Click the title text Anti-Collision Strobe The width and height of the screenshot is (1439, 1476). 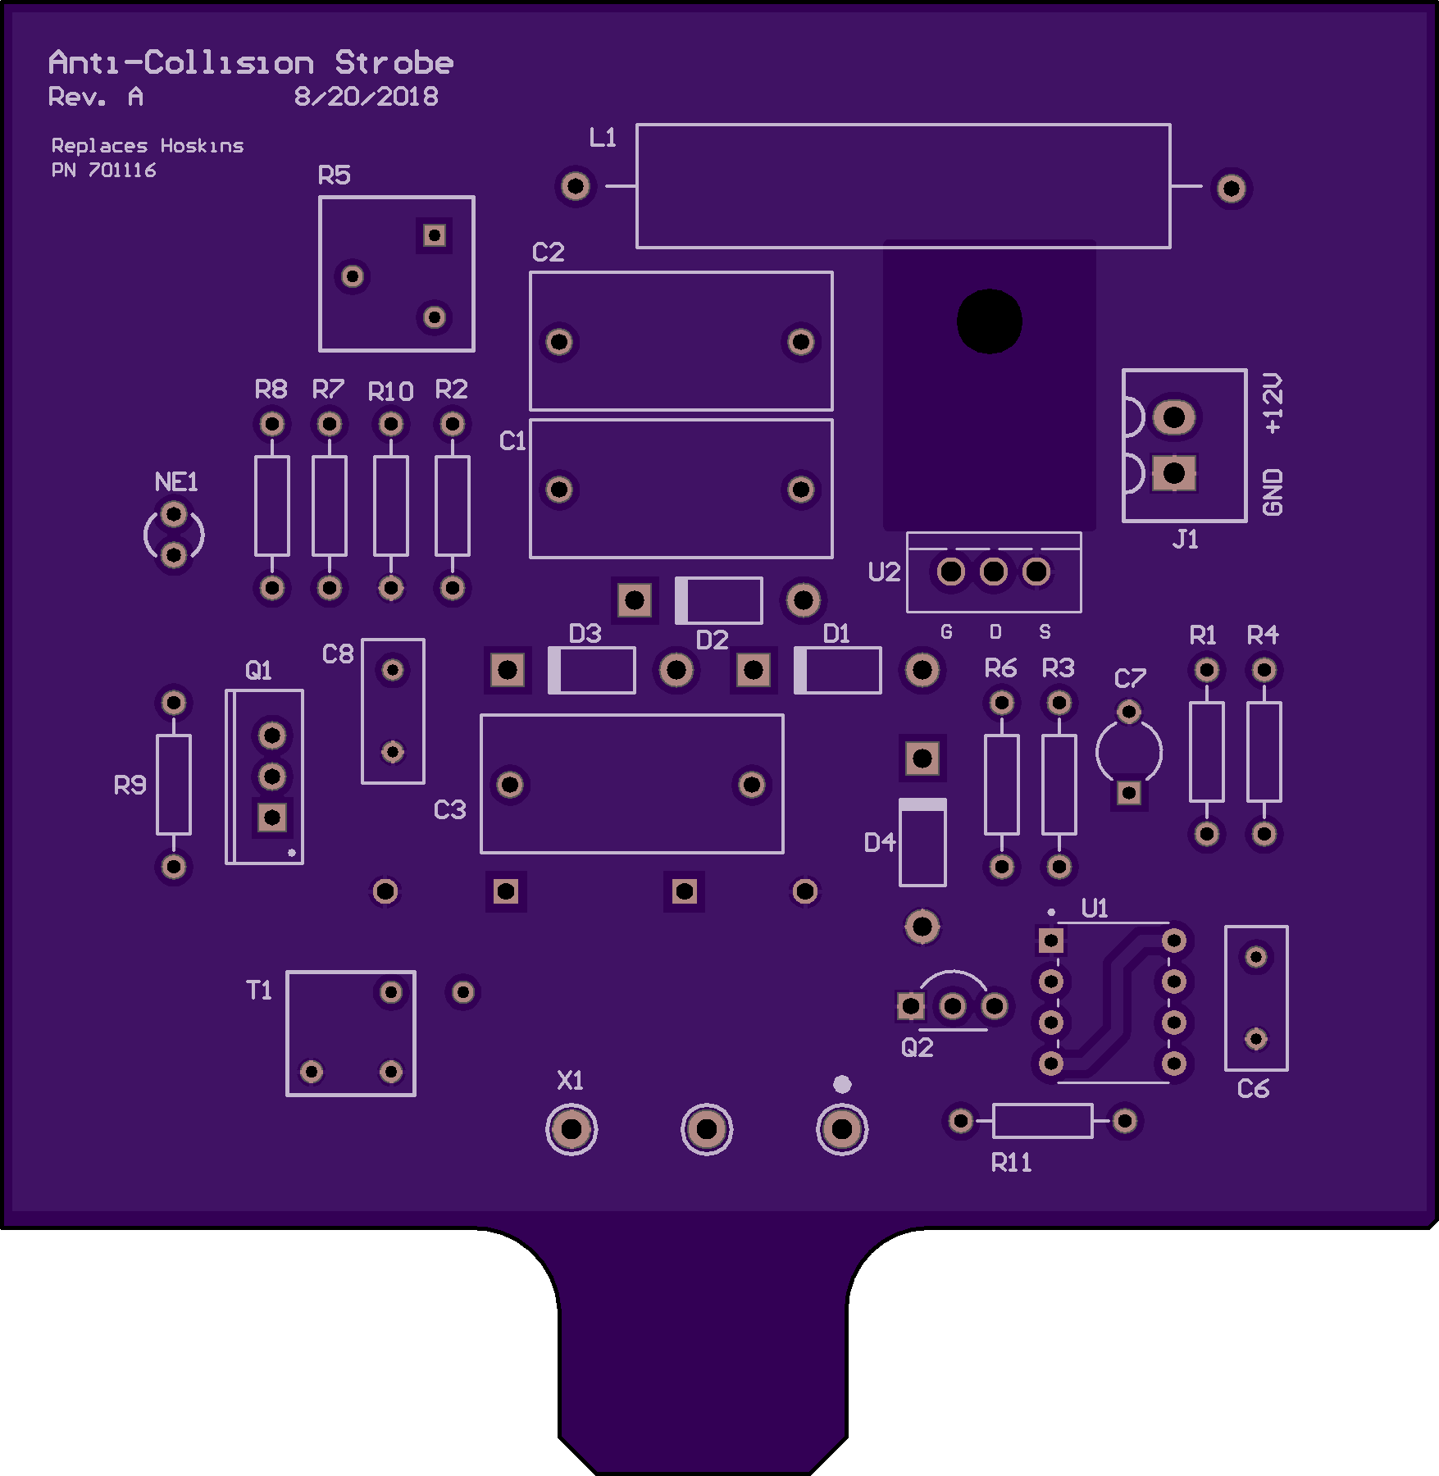click(x=250, y=63)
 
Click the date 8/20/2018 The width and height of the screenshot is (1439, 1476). click(x=366, y=97)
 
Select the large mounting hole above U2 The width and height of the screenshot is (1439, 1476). click(x=989, y=321)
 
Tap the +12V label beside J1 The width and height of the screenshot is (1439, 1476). click(x=1272, y=403)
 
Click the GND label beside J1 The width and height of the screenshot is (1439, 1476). click(x=1272, y=492)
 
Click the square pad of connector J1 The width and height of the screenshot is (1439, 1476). click(x=1173, y=473)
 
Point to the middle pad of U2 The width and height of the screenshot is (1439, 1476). click(x=993, y=572)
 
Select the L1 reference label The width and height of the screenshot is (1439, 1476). click(x=603, y=138)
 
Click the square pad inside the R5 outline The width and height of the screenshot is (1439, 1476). click(x=434, y=236)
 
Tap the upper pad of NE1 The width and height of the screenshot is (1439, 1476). click(x=174, y=515)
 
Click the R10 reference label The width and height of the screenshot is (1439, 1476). click(x=390, y=392)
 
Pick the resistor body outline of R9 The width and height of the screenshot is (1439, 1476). click(x=174, y=785)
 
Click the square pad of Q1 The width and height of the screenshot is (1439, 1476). click(x=272, y=817)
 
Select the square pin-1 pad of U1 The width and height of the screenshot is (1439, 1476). click(x=1050, y=941)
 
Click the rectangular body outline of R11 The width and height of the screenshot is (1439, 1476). click(x=1042, y=1121)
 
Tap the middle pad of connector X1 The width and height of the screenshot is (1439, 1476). click(x=706, y=1129)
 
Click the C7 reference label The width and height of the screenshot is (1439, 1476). click(x=1129, y=679)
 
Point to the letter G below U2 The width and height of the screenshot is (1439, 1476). click(x=946, y=632)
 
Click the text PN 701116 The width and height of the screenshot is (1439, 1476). click(x=103, y=171)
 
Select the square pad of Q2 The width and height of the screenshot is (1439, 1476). click(x=910, y=1005)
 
